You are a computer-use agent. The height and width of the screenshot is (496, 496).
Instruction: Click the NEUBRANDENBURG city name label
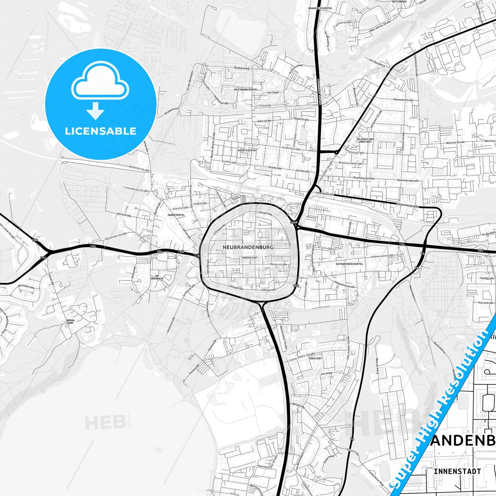click(x=248, y=247)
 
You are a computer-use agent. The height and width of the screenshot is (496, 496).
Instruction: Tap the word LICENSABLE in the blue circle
click(x=101, y=131)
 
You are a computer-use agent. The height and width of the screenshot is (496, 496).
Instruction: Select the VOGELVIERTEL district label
click(x=247, y=150)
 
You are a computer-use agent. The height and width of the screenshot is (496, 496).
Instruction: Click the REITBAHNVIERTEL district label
click(x=246, y=89)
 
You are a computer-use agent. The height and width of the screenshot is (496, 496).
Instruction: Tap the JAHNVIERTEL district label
click(x=176, y=215)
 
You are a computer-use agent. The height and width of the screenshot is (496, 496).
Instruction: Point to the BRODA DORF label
click(x=70, y=321)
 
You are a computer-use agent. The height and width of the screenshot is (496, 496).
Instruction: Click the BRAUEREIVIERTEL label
click(x=320, y=8)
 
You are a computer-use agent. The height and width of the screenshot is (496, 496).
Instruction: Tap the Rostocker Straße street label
click(x=116, y=236)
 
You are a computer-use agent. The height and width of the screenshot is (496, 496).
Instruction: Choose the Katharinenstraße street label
click(x=382, y=256)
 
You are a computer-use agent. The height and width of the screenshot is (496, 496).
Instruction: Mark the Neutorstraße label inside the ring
click(x=278, y=265)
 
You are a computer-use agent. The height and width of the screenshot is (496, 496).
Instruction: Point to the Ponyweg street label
click(x=265, y=106)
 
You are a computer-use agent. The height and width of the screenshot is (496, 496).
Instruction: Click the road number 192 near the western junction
click(x=43, y=257)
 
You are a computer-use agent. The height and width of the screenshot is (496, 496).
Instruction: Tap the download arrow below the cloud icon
click(x=95, y=111)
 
